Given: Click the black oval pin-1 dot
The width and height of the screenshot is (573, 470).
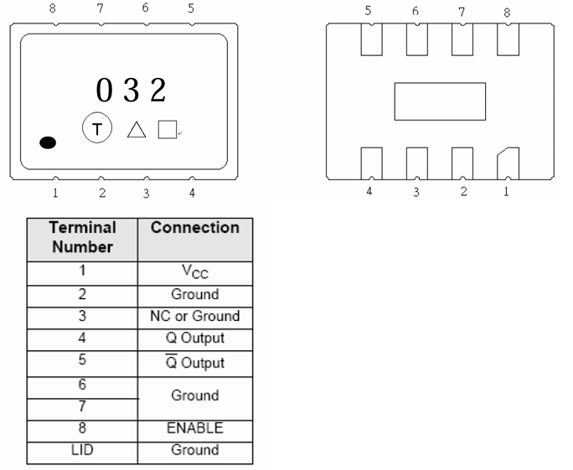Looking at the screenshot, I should coord(48,142).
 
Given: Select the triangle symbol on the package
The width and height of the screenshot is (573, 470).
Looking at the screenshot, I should coord(137,130).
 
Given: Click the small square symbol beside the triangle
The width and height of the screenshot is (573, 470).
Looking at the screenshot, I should coord(167,129).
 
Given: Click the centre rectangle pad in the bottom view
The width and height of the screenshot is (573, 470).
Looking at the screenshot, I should coord(440,101).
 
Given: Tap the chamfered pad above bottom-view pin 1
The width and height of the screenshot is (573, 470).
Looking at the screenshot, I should coord(508,163).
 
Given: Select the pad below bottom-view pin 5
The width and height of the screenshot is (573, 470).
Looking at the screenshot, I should coord(371,39).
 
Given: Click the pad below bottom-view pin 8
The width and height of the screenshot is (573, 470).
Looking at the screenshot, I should coord(508,39).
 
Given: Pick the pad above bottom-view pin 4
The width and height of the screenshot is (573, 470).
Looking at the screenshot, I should coord(371,163).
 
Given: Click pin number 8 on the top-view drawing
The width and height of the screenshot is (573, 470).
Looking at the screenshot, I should coord(54,8).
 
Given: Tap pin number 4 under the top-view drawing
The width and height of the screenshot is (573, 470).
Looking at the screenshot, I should coord(192,194).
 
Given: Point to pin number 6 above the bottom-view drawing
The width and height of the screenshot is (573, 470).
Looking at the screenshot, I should coord(416,12).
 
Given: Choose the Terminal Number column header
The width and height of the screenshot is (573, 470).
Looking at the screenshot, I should coord(81,237).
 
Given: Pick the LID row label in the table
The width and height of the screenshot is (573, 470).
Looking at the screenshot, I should coord(81,449).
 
